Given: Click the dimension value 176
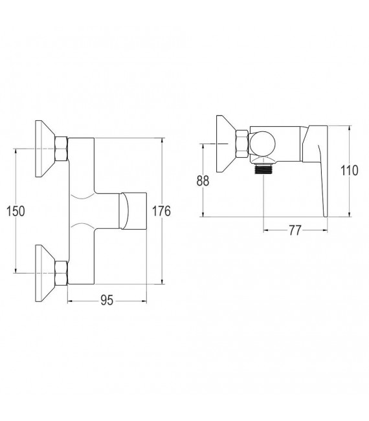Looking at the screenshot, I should (x=162, y=211).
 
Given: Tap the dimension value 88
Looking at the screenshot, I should (x=203, y=180).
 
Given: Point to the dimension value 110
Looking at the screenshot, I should (x=349, y=171).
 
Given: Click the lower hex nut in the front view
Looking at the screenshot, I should (x=61, y=272).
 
